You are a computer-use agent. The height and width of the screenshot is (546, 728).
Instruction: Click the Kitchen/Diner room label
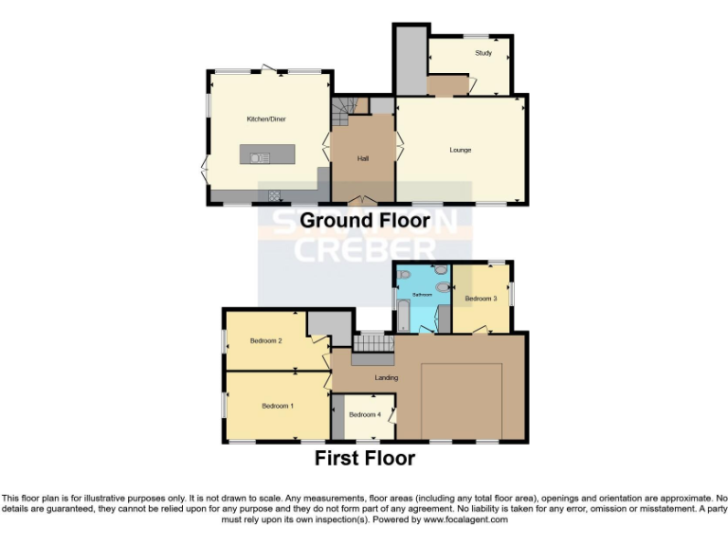pyautogui.click(x=266, y=119)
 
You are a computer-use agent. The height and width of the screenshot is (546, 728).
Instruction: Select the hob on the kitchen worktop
pyautogui.click(x=275, y=196)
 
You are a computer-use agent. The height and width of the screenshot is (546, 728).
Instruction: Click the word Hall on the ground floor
pyautogui.click(x=363, y=158)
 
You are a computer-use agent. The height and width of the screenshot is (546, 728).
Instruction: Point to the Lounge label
pyautogui.click(x=460, y=150)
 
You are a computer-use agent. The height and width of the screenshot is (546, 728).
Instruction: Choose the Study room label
pyautogui.click(x=483, y=53)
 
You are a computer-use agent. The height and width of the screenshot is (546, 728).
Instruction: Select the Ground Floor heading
pyautogui.click(x=365, y=221)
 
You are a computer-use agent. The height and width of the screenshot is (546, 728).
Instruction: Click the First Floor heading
pyautogui.click(x=365, y=459)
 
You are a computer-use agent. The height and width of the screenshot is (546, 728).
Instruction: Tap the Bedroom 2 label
pyautogui.click(x=266, y=340)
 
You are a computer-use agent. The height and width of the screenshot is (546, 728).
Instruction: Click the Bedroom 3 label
pyautogui.click(x=481, y=300)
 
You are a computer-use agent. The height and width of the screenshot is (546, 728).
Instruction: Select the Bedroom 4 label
pyautogui.click(x=364, y=415)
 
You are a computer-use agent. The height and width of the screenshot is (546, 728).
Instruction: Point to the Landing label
pyautogui.click(x=386, y=378)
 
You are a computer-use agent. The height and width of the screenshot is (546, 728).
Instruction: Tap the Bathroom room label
pyautogui.click(x=422, y=296)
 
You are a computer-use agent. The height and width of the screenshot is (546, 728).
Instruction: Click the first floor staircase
pyautogui.click(x=373, y=341)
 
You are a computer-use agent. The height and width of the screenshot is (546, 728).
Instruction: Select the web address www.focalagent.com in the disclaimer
pyautogui.click(x=464, y=519)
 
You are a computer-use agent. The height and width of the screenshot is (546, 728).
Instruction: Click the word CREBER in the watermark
pyautogui.click(x=365, y=248)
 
